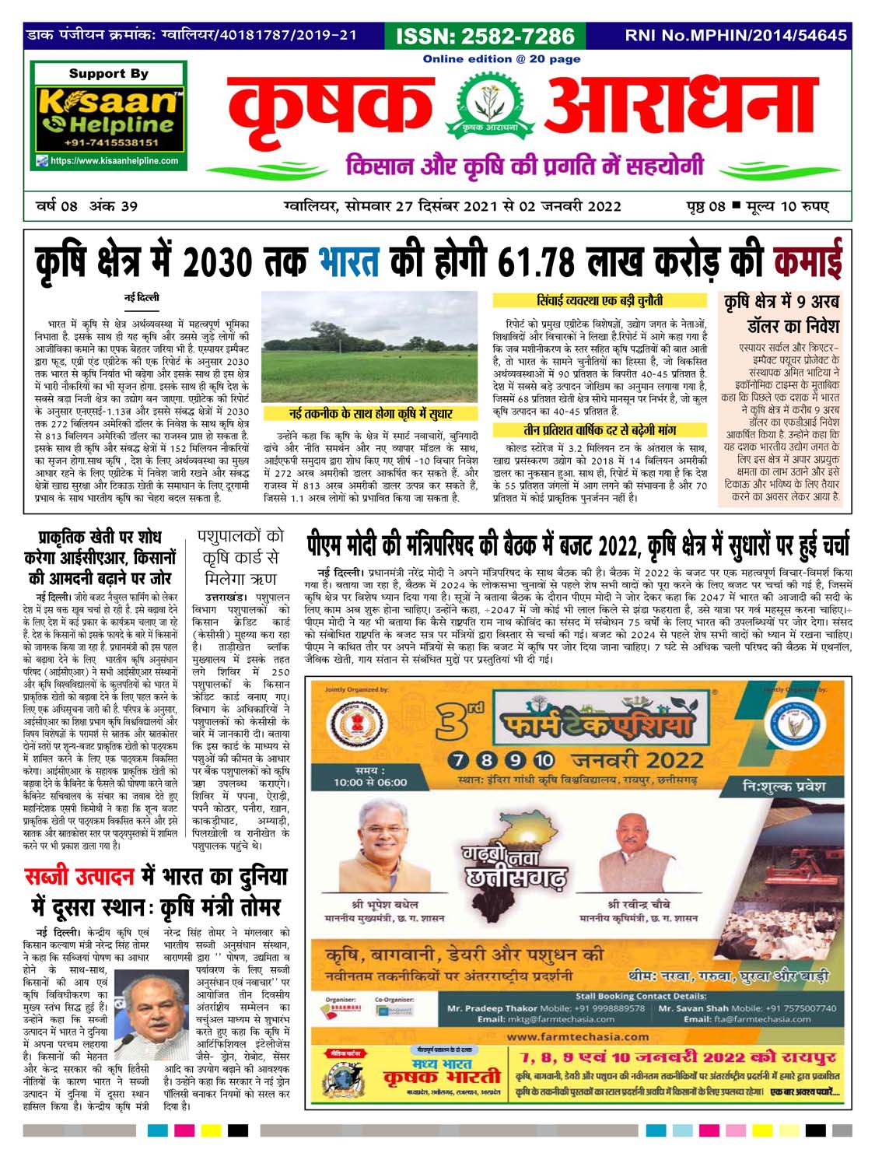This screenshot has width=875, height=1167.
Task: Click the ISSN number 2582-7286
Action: tap(485, 37)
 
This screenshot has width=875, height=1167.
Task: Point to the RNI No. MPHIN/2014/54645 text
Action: tap(736, 36)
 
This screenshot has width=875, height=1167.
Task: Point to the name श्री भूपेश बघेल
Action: tap(384, 905)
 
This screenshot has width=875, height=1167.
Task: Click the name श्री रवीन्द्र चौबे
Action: tap(639, 905)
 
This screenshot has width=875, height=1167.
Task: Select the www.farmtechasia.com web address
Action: tap(576, 1036)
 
